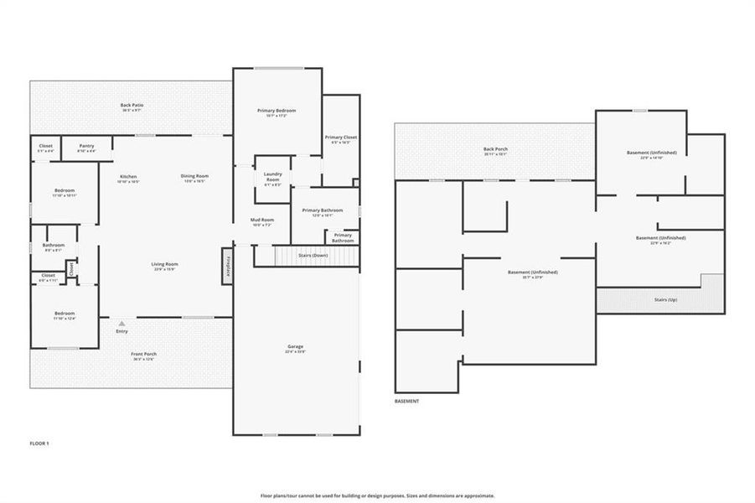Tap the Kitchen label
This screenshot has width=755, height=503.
[x=128, y=178]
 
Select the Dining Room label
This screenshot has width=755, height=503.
[x=194, y=178]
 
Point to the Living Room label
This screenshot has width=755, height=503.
[x=164, y=266]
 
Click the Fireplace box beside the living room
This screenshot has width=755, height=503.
[x=226, y=266]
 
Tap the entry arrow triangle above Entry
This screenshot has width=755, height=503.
[x=122, y=322]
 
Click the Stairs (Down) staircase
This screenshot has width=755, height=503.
[x=307, y=256]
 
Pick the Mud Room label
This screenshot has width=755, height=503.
[x=261, y=222]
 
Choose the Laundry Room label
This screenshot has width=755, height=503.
[x=272, y=178]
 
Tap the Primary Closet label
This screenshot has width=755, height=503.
[x=341, y=139]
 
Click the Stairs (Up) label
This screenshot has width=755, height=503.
[x=667, y=298]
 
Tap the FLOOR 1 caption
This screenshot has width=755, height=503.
[x=39, y=443]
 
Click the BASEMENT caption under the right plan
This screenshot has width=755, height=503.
[x=406, y=402]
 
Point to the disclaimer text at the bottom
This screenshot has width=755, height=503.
[x=377, y=495]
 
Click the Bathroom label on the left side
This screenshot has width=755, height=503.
[x=54, y=246]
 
